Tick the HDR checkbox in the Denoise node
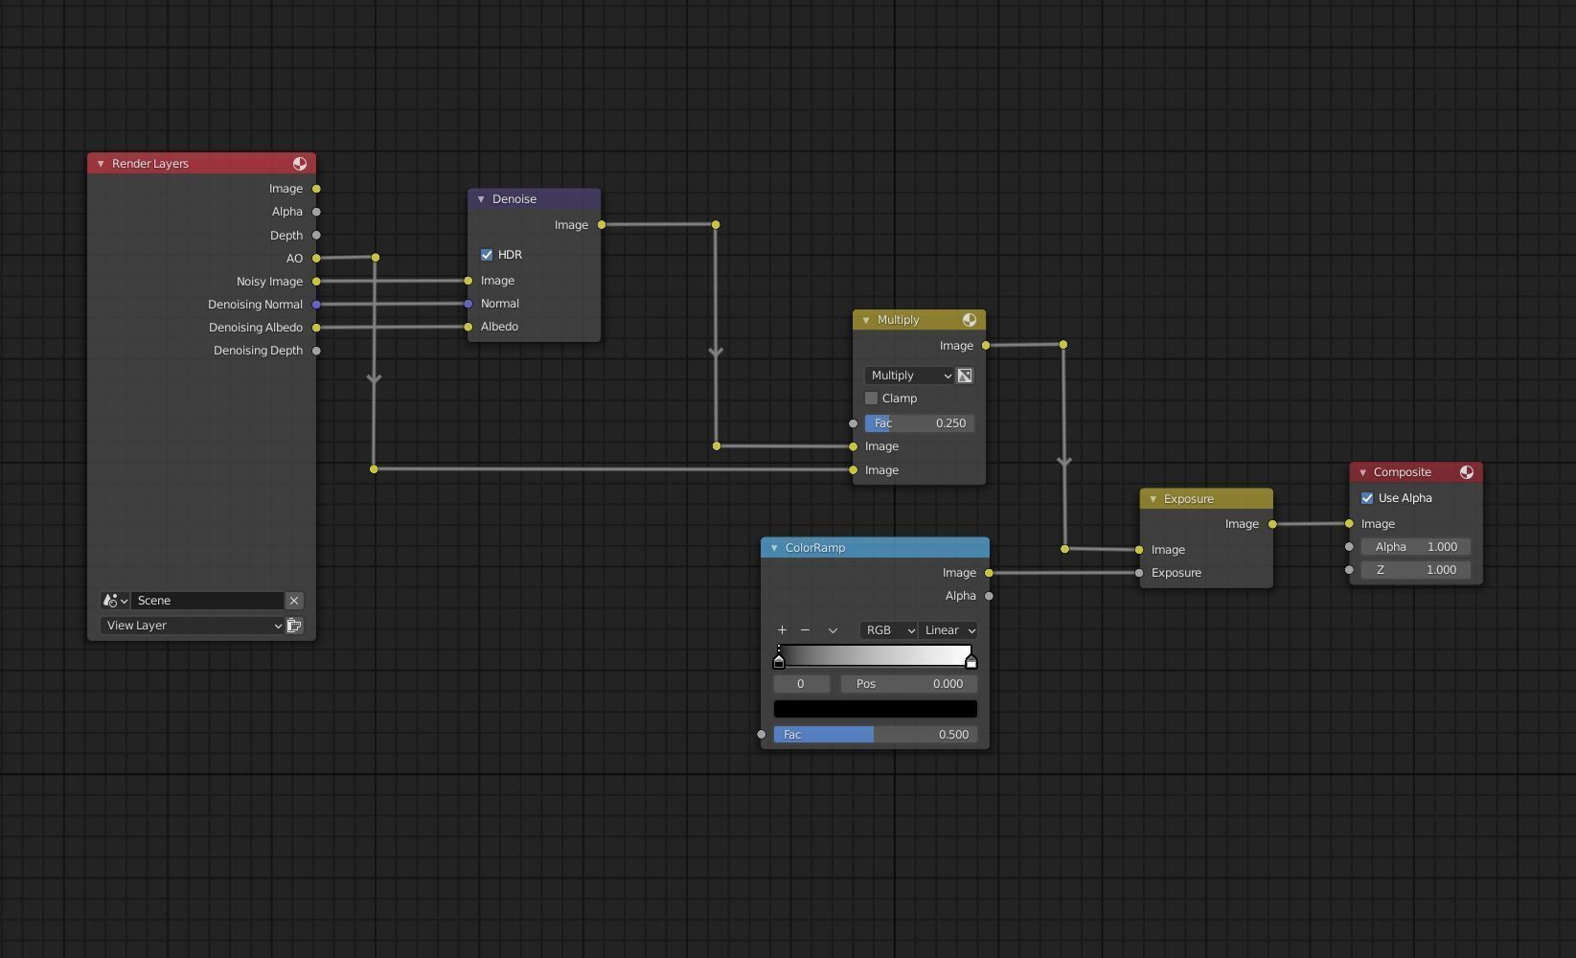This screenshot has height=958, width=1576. [487, 255]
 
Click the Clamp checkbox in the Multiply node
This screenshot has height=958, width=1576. [871, 399]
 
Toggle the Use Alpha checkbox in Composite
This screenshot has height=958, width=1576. [1367, 498]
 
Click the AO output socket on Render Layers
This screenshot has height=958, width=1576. [316, 259]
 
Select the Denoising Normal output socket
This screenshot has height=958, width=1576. [316, 305]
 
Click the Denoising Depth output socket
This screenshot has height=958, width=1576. [316, 351]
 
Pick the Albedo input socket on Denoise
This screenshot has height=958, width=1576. [468, 327]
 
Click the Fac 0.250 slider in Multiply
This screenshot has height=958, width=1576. [919, 423]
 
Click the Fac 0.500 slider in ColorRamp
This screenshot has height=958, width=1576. [875, 735]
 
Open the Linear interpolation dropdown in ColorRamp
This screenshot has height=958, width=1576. [948, 630]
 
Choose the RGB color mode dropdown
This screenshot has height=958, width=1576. [888, 630]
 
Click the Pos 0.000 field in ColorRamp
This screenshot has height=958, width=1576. [908, 684]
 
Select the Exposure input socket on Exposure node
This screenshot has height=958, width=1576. [1139, 573]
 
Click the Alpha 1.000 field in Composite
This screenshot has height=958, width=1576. [1415, 547]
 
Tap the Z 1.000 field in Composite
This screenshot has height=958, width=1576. [1415, 570]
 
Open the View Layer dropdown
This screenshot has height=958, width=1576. [192, 626]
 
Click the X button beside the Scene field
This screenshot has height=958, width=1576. [294, 601]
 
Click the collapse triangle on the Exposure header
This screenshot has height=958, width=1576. [1153, 499]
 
